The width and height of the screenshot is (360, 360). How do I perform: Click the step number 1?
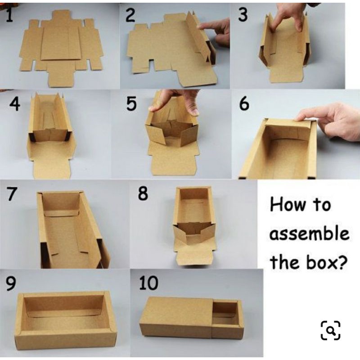pos(9,16)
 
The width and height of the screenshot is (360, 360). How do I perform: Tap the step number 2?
pos(130,15)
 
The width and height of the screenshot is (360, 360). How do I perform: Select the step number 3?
pos(243,14)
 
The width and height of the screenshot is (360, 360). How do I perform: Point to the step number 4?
pos(15,103)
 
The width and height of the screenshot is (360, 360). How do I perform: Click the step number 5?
pos(131,103)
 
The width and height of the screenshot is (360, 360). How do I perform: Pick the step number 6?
pos(244,103)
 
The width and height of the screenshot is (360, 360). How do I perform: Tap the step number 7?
pos(12,193)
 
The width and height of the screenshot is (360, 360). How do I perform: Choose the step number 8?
pos(143,193)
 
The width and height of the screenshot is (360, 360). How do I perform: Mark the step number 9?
pos(11,283)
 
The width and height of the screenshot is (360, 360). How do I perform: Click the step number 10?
pos(149,283)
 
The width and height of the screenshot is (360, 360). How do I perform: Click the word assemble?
pos(310,234)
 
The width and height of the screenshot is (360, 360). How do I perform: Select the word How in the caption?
pos(288,204)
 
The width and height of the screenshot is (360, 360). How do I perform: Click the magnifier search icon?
pos(330,330)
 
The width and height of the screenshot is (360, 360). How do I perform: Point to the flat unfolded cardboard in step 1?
pos(61,49)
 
